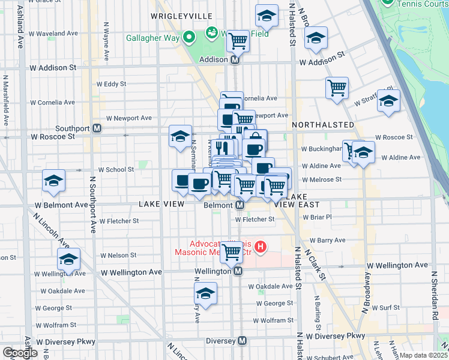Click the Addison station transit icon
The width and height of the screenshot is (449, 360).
236,60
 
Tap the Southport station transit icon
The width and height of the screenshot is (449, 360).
97,128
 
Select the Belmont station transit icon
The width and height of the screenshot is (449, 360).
240,205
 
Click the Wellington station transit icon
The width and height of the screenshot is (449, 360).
238,271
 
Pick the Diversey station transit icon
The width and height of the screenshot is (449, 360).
243,341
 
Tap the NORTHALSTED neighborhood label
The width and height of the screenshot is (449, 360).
323,124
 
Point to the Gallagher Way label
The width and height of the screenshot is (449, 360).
153,38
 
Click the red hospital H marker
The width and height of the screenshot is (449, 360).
260,246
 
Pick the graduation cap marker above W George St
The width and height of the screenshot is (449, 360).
205,294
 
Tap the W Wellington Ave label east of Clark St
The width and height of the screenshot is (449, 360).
398,265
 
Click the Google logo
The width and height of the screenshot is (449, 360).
20,353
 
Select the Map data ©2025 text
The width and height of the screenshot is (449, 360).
424,355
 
